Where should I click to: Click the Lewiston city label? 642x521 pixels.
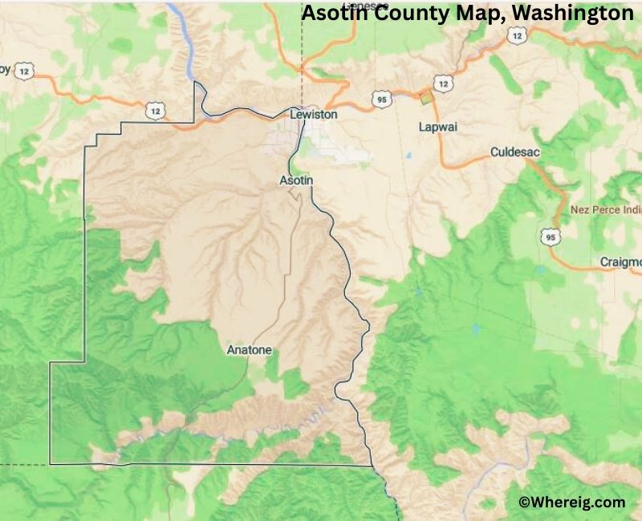point(313,115)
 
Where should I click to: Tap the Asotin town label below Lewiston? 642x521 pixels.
point(295,180)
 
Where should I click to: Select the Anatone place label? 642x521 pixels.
point(250,350)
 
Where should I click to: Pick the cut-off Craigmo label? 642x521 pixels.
point(621,262)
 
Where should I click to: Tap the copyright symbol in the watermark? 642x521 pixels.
point(525,503)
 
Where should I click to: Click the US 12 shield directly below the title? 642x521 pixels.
point(518,35)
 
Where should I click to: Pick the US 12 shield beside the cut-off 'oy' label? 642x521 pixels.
point(25,71)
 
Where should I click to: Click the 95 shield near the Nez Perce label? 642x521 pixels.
point(550,237)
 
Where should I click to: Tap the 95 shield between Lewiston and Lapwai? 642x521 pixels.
point(380,98)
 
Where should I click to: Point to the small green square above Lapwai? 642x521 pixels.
point(426,98)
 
